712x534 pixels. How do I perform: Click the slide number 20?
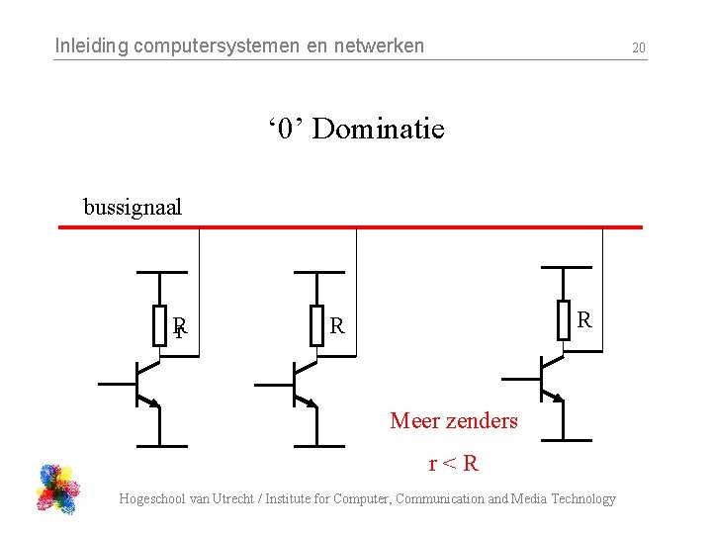tap(639, 47)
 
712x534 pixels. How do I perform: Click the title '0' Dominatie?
tap(355, 129)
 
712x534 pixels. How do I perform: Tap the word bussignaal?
tap(133, 208)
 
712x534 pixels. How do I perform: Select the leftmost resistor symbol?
tap(159, 325)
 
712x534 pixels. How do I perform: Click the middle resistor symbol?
tap(316, 325)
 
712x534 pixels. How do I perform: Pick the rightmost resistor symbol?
tap(564, 319)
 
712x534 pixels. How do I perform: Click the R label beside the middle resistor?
tap(337, 325)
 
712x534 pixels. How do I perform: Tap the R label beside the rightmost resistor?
tap(584, 319)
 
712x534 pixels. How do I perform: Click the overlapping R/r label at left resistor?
tap(180, 326)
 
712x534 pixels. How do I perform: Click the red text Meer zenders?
tap(454, 421)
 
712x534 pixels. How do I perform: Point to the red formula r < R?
tap(453, 463)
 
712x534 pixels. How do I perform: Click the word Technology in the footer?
tap(583, 499)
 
